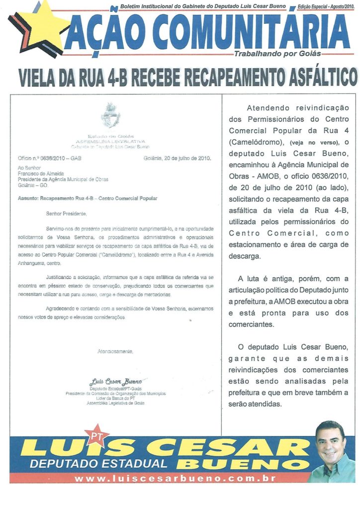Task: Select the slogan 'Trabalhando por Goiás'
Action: coord(277,54)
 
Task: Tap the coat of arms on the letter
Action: coord(110,115)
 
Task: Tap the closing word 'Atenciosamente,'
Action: coord(115,351)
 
